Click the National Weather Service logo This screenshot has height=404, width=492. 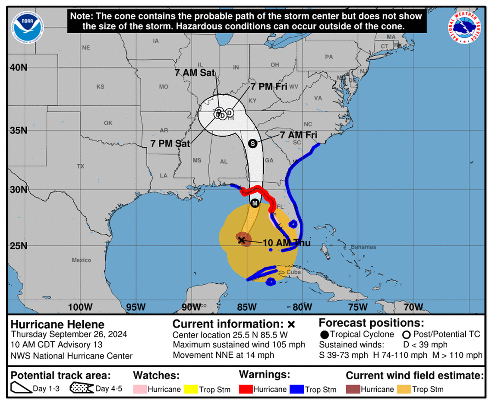coord(464,27)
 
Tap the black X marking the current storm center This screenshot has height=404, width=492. coord(242,239)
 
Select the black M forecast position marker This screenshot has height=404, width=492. coord(255,203)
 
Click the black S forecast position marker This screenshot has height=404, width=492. coord(252,143)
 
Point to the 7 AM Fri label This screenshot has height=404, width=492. coord(299,135)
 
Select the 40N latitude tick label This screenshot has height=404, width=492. coord(19,67)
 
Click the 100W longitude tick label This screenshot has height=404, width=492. coord(81,307)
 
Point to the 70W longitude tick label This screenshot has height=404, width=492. coord(413,307)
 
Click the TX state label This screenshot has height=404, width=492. coord(80,166)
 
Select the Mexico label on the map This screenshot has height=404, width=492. coord(81,260)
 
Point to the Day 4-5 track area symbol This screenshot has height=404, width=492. coord(82,388)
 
